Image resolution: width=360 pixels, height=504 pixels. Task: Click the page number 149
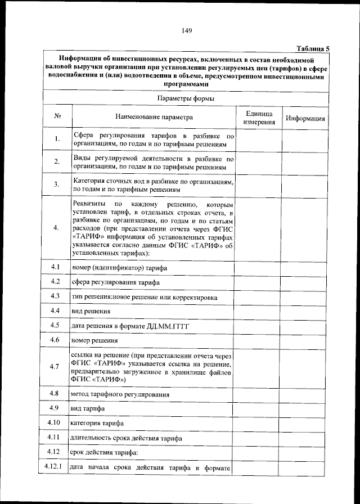tap(187, 31)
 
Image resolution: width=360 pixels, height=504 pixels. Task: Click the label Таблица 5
tap(312, 49)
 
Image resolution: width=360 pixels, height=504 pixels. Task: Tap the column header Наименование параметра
tap(154, 118)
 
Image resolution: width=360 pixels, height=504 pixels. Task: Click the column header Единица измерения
tap(259, 117)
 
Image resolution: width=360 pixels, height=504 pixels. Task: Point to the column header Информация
tap(305, 119)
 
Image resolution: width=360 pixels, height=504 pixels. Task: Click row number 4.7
tap(55, 367)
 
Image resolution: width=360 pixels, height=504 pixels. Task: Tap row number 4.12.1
tap(55, 467)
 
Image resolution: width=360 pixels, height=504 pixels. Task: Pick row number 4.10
tap(55, 422)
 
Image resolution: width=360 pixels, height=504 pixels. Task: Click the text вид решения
tap(91, 311)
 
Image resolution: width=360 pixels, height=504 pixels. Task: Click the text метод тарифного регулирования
tap(120, 394)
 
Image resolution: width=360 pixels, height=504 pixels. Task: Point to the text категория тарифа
tap(97, 422)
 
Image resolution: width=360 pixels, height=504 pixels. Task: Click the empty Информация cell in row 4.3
tap(305, 296)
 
